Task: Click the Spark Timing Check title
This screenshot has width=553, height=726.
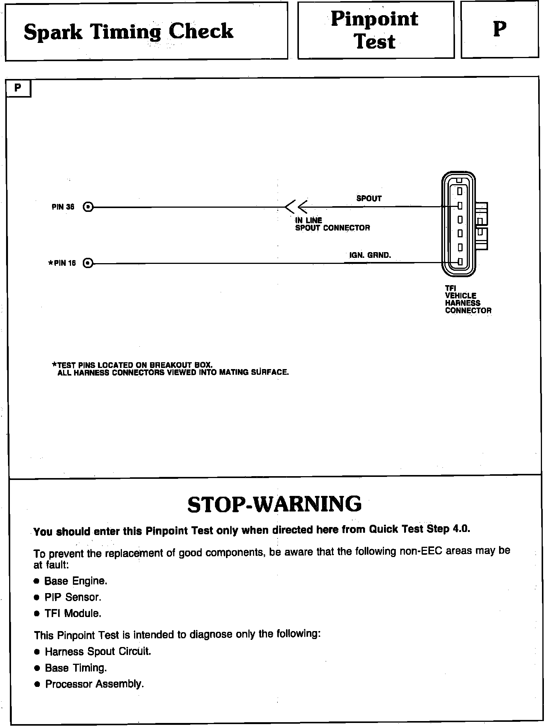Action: pyautogui.click(x=128, y=31)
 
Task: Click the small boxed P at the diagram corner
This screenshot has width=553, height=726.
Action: pyautogui.click(x=18, y=88)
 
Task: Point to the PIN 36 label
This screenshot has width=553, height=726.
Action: pyautogui.click(x=63, y=207)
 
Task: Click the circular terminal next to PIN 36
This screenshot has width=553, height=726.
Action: pyautogui.click(x=88, y=207)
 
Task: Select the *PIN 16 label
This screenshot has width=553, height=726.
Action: pyautogui.click(x=62, y=263)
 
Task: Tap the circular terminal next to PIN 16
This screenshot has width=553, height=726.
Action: pyautogui.click(x=88, y=263)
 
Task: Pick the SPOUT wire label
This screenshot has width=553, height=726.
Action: pyautogui.click(x=369, y=198)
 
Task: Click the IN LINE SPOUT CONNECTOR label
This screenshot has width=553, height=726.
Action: pyautogui.click(x=332, y=224)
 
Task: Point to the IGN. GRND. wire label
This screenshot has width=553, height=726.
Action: pyautogui.click(x=370, y=255)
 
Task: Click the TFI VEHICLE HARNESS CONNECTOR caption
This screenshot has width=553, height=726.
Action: pyautogui.click(x=468, y=300)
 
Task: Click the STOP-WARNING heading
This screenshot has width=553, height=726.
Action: pyautogui.click(x=274, y=504)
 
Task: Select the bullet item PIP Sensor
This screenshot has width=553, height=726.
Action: pyautogui.click(x=73, y=597)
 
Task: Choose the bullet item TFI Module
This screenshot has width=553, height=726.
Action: pyautogui.click(x=73, y=614)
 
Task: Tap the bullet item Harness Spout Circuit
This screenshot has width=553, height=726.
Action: pyautogui.click(x=98, y=652)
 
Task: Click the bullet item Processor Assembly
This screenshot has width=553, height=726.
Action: pyautogui.click(x=94, y=684)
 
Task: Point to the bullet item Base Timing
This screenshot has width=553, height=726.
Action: pyautogui.click(x=76, y=668)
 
